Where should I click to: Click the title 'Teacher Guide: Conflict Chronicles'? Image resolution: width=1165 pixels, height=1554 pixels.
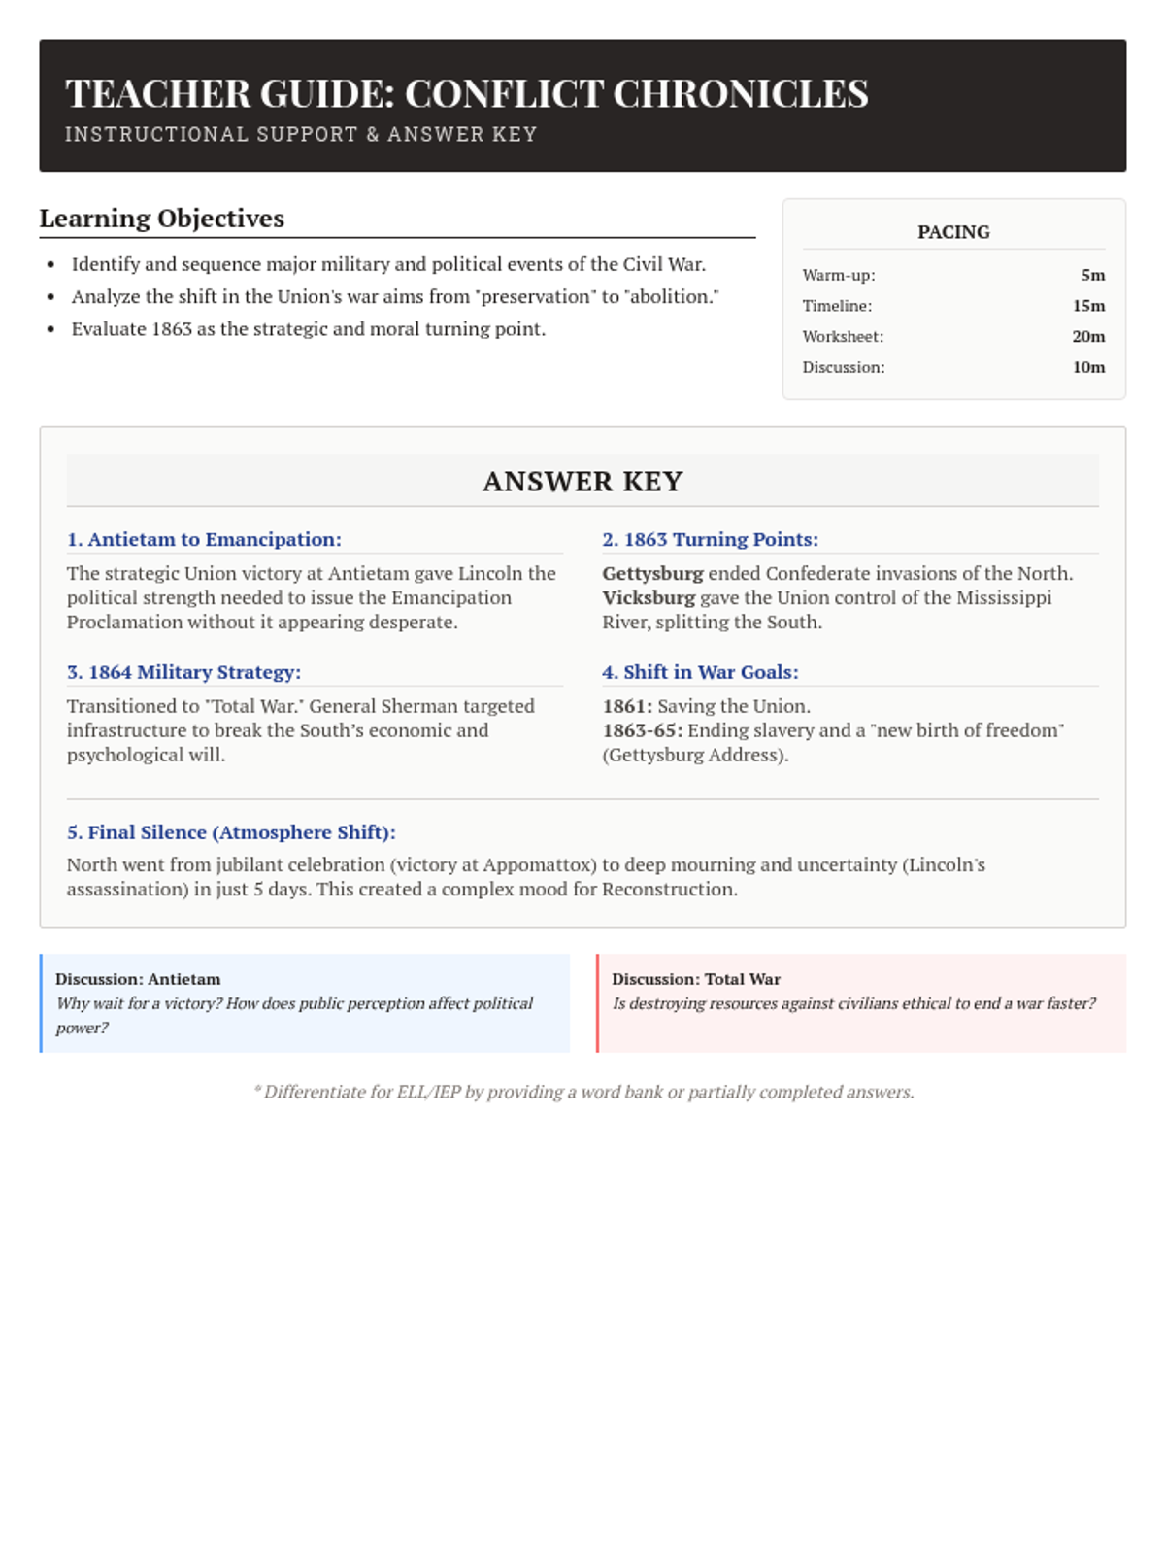pos(466,94)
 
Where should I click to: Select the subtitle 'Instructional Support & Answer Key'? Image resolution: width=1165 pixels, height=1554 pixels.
pos(301,135)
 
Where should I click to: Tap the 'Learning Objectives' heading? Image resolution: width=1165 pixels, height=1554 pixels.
pos(162,219)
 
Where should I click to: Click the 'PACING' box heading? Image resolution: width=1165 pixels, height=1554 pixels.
pos(953,232)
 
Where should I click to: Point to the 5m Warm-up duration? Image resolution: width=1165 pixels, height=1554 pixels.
pos(1092,275)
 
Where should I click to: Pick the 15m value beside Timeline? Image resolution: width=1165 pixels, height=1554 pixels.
pos(1088,306)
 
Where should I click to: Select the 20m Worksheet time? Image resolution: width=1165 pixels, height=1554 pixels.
pos(1088,337)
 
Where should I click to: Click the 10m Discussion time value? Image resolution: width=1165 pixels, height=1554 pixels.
pos(1088,367)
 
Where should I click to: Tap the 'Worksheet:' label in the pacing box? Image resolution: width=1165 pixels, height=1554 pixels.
pos(843,337)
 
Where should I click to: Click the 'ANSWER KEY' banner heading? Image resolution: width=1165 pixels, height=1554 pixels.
pos(582,482)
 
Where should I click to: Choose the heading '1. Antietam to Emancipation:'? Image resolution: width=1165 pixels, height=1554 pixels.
pos(204,539)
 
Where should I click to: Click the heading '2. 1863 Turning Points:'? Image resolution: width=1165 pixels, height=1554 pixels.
pos(710,539)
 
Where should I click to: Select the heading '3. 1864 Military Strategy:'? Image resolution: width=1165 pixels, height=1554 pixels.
pos(183,672)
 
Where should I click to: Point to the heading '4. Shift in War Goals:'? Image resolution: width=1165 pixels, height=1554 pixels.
pos(700,672)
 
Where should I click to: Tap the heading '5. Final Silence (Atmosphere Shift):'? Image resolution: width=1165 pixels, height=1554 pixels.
pos(231,832)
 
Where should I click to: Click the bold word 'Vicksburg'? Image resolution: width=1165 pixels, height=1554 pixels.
pos(649,597)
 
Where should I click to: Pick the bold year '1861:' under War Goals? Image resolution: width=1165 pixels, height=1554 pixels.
pos(627,706)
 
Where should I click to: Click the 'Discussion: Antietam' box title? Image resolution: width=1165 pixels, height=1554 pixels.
pos(138,979)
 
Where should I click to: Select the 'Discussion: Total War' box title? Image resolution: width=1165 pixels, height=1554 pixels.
pos(696,979)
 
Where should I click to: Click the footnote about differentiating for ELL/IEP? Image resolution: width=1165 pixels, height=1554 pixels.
pos(583,1092)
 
